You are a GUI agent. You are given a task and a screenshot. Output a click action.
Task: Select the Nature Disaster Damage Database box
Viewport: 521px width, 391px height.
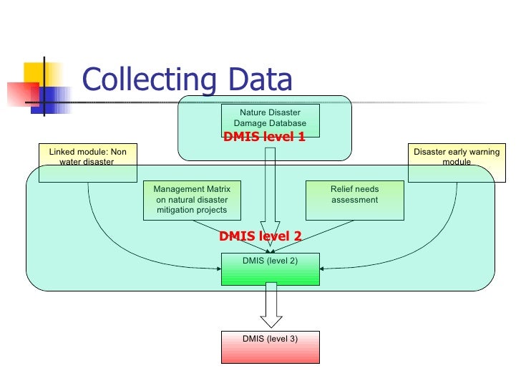(x=270, y=119)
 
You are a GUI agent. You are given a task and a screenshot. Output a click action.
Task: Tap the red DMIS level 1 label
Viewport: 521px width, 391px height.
(x=264, y=137)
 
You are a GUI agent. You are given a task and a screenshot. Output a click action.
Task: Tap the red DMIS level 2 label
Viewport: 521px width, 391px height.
(x=260, y=236)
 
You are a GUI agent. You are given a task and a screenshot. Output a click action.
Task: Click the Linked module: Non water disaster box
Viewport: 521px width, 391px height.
(x=87, y=163)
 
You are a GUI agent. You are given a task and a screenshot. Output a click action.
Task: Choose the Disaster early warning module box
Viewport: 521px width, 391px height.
(x=457, y=163)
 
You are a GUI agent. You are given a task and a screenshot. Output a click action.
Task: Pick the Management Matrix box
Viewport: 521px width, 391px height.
(x=192, y=200)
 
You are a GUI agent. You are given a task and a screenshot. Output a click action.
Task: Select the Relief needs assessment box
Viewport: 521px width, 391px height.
(x=354, y=200)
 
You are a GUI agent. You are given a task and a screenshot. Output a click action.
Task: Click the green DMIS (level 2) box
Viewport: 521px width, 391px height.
(x=270, y=269)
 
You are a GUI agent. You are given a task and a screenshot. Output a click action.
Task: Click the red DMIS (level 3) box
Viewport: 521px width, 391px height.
(x=270, y=347)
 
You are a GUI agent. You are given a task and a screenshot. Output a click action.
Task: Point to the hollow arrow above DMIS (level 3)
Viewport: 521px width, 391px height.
(x=271, y=306)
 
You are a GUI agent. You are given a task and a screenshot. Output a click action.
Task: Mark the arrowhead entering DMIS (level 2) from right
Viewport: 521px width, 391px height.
(x=323, y=269)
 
